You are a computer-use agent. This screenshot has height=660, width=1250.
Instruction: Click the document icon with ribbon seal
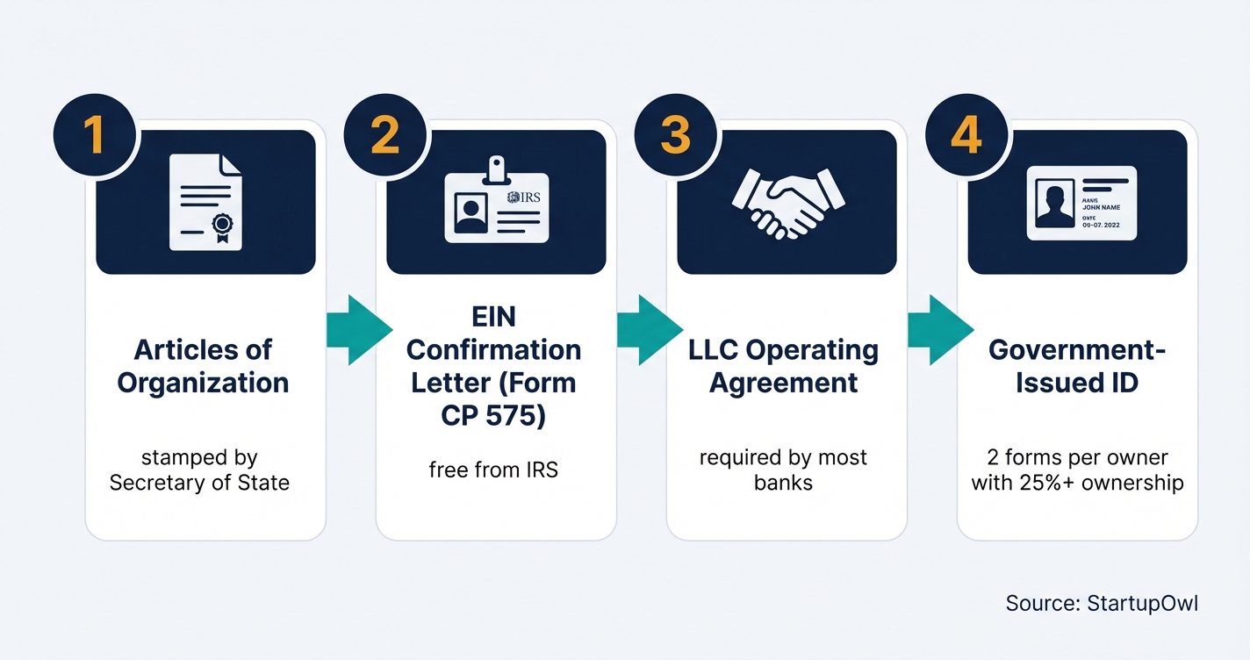click(205, 203)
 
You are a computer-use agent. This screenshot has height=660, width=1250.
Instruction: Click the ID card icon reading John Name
click(1081, 204)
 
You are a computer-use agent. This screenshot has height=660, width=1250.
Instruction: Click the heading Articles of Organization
click(203, 366)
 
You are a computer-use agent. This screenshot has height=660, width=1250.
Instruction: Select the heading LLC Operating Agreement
click(784, 366)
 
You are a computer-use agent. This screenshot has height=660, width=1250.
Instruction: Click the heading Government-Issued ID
click(1077, 366)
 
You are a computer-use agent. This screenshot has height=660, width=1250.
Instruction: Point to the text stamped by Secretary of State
click(199, 470)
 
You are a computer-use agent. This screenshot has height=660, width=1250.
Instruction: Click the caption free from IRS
click(493, 470)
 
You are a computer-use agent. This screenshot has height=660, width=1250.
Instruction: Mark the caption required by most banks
click(783, 470)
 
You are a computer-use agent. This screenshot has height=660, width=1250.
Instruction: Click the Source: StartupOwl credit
click(1101, 603)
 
